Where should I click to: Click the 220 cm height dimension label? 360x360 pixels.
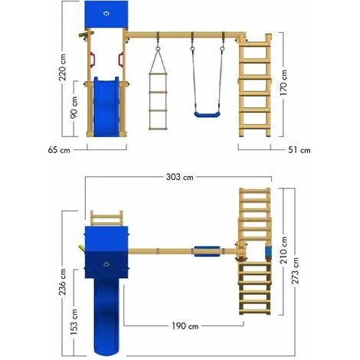pos(63,67)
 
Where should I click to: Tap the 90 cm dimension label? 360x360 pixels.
pos(74,107)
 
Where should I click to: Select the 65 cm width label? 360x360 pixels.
pos(59,150)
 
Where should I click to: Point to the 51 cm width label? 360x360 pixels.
pos(299,150)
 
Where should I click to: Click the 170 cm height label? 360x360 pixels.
pos(283,83)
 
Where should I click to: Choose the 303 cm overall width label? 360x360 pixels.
pos(179,177)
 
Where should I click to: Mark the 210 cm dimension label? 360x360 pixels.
pos(283,250)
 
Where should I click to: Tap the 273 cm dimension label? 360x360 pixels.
pos(295,270)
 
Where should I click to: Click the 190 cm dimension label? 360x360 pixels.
pos(185,326)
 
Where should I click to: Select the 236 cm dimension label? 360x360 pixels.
pos(63,282)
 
